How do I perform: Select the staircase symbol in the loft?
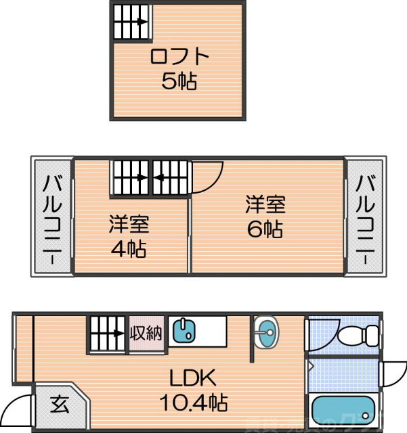pyautogui.click(x=131, y=22)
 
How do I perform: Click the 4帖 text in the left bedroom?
pyautogui.click(x=129, y=248)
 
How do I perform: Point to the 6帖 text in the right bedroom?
pyautogui.click(x=265, y=228)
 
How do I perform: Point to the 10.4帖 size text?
pyautogui.click(x=193, y=403)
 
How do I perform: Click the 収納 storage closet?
pyautogui.click(x=147, y=333)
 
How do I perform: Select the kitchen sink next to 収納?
pyautogui.click(x=184, y=332)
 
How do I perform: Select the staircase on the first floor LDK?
pyautogui.click(x=107, y=333)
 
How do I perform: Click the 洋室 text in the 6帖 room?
pyautogui.click(x=265, y=204)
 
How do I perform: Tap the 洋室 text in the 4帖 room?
pyautogui.click(x=129, y=224)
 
